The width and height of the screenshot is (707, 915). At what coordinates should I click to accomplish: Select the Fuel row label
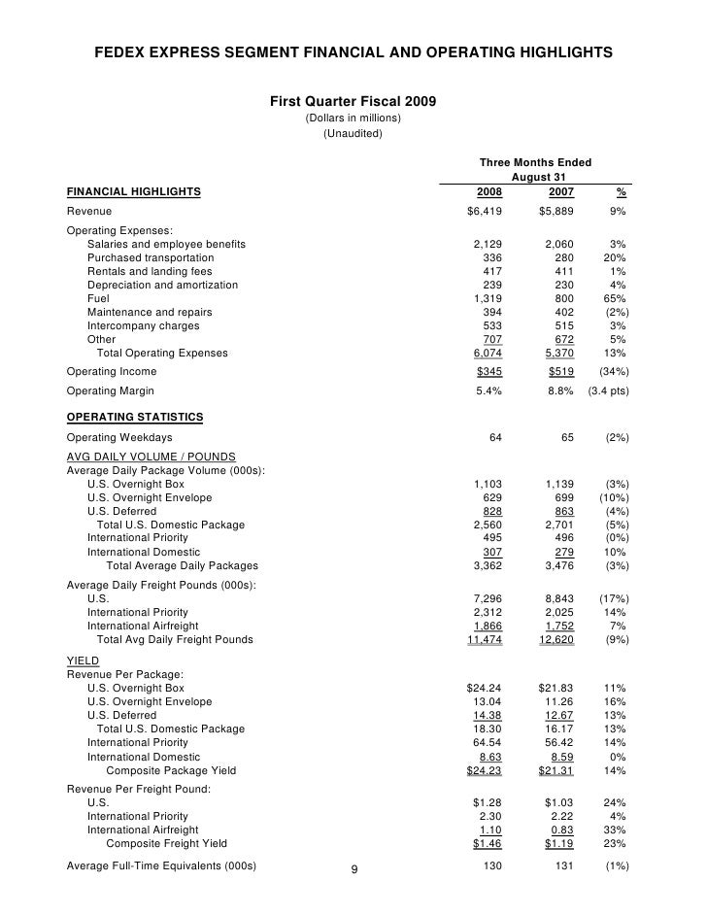(x=98, y=299)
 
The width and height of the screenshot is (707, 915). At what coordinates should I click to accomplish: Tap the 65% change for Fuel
(x=614, y=299)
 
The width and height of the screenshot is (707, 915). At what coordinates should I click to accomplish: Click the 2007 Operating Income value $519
(x=557, y=372)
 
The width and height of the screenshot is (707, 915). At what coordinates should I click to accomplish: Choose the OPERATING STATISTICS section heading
(x=134, y=417)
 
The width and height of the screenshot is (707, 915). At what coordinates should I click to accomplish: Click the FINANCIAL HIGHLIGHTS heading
(x=133, y=191)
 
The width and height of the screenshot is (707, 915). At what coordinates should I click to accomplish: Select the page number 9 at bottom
(x=353, y=868)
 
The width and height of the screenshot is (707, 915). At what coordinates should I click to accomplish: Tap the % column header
(x=621, y=191)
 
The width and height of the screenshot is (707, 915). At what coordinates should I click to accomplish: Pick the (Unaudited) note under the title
(x=353, y=133)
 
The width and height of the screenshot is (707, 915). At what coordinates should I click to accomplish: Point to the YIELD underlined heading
(x=81, y=660)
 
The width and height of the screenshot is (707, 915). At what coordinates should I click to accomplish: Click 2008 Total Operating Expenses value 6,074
(x=487, y=354)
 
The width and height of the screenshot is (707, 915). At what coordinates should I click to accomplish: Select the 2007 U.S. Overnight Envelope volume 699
(x=562, y=497)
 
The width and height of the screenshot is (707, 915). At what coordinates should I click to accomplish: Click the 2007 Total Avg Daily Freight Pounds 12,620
(x=556, y=640)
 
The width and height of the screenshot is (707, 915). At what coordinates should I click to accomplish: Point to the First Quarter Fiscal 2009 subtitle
(x=353, y=101)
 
